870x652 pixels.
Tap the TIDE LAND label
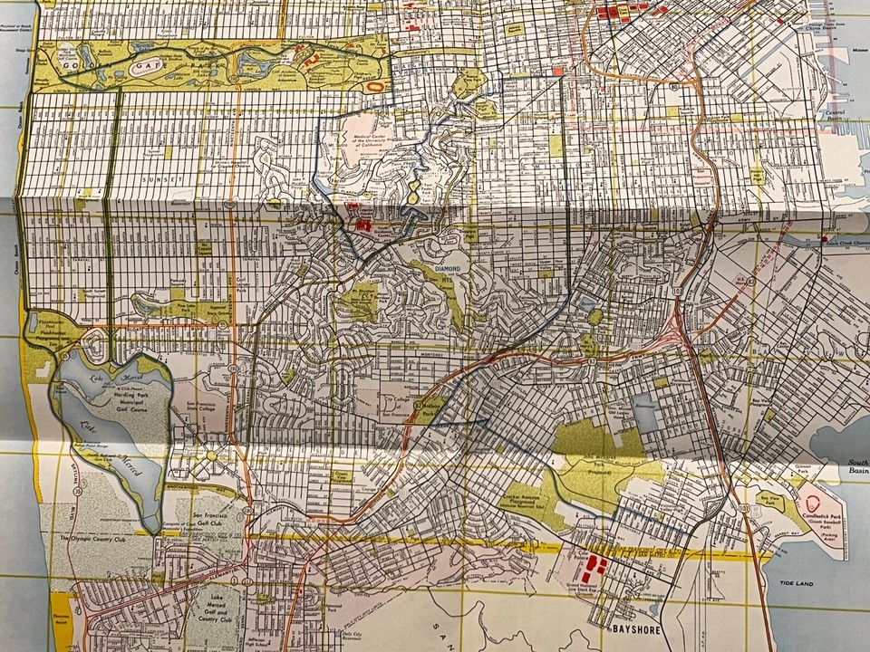795,586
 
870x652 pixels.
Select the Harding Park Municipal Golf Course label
126,395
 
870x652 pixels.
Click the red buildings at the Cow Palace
594,569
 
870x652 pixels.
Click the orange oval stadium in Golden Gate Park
377,86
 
